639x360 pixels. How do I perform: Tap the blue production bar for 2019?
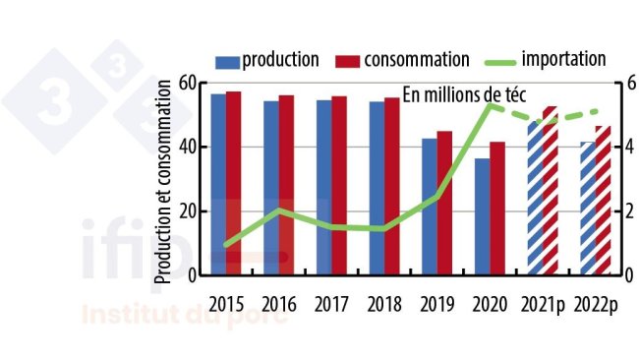click(429, 207)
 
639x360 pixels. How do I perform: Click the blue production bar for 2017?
click(323, 187)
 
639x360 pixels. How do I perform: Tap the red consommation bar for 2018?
click(391, 186)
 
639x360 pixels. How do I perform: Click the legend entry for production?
click(265, 59)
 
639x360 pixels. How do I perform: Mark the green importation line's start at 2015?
click(226, 244)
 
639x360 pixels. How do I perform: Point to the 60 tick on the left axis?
click(187, 84)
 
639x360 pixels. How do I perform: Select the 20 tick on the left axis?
click(187, 211)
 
